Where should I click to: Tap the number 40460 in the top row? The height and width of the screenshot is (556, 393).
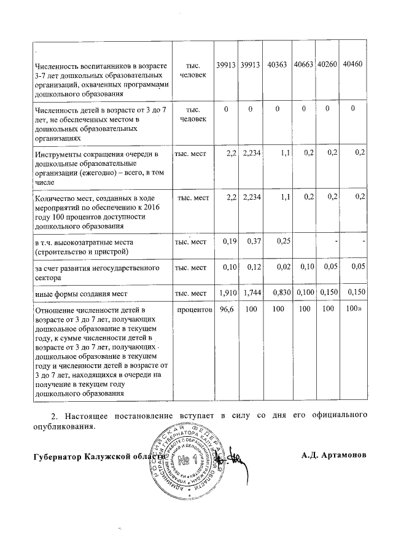[x=353, y=65]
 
